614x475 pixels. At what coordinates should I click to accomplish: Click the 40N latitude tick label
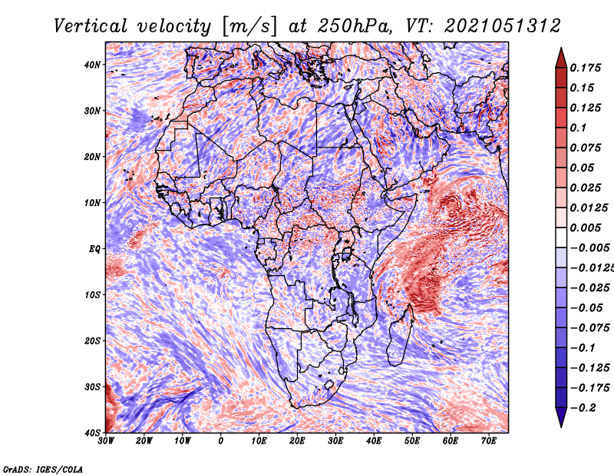point(92,65)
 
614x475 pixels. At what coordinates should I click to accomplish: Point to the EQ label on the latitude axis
point(94,249)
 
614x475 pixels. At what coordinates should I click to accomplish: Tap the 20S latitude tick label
point(92,340)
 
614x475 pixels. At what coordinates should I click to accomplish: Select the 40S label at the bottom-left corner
point(92,433)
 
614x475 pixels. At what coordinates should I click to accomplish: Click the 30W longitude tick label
point(106,441)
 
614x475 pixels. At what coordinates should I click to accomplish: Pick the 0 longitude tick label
point(221,441)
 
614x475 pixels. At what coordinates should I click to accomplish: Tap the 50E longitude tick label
point(412,441)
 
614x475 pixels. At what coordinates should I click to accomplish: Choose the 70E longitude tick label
point(488,441)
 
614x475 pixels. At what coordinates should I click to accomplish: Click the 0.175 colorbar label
point(585,68)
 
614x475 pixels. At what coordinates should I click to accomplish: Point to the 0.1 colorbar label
point(578,128)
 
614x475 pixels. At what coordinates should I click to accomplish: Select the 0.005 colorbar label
point(585,228)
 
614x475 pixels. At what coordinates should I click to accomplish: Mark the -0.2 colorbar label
point(583,408)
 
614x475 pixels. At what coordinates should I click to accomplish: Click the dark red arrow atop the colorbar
point(561,58)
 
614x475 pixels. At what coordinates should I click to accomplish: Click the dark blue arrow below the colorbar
point(561,417)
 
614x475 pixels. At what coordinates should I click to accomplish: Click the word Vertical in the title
point(91,26)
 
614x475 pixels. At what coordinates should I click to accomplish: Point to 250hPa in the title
point(355,26)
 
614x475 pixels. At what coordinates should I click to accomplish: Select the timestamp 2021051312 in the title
point(503,26)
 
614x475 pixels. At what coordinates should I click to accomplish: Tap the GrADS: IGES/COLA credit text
point(43,469)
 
